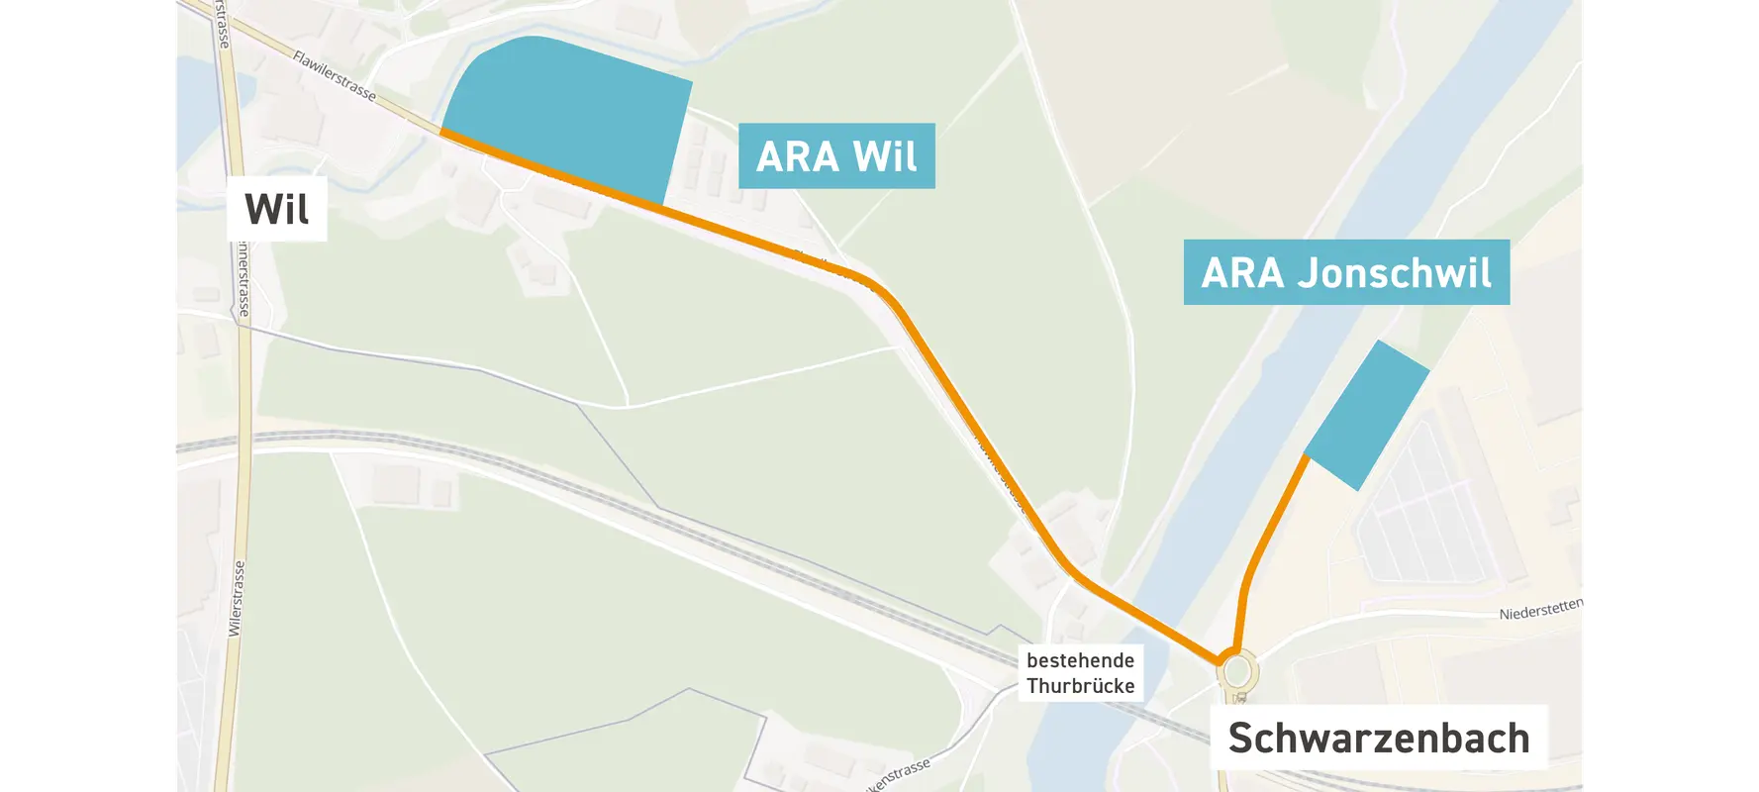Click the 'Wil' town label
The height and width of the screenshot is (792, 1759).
tap(276, 209)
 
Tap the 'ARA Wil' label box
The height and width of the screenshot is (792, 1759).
tap(836, 156)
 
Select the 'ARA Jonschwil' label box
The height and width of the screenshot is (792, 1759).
tap(1345, 272)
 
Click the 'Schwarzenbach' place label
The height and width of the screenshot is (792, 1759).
tap(1378, 739)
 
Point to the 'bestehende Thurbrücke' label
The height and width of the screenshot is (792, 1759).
tap(1080, 673)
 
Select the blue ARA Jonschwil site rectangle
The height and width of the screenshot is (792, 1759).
tap(1369, 416)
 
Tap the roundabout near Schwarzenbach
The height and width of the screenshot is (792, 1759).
tap(1238, 672)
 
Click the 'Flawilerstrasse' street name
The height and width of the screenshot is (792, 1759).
tap(335, 76)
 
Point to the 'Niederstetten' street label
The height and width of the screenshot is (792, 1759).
tap(1541, 609)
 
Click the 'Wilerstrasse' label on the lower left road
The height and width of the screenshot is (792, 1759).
tap(236, 599)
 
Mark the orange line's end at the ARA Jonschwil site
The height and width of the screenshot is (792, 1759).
tap(1308, 457)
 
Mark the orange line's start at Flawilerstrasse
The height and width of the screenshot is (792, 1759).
tap(442, 131)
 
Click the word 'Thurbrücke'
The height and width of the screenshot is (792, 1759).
tap(1080, 686)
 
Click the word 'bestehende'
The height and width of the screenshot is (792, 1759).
tap(1080, 660)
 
